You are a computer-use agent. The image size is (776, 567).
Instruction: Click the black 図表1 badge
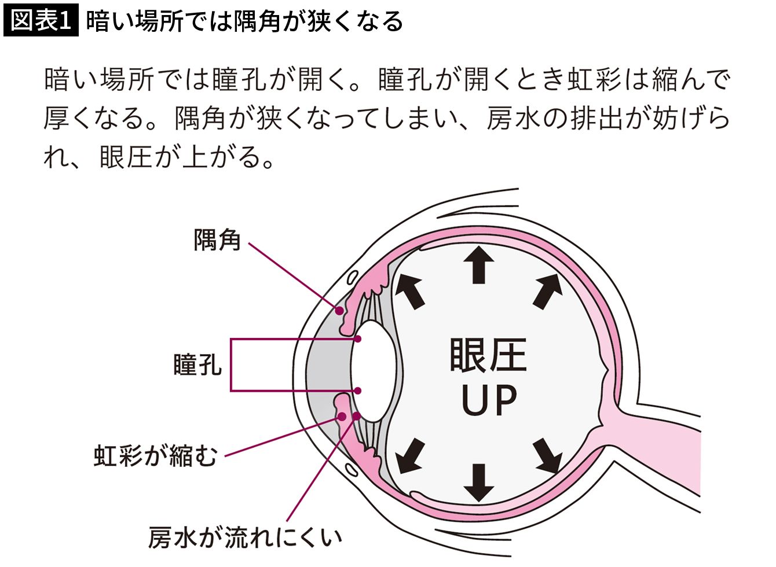[41, 21]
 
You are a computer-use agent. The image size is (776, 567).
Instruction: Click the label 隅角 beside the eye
[217, 239]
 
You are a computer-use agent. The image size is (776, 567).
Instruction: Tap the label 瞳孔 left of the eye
[197, 365]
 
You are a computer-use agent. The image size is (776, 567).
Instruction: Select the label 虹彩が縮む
[155, 455]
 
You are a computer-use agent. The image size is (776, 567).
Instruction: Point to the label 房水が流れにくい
[245, 537]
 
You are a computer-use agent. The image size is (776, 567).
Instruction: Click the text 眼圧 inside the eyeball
[488, 355]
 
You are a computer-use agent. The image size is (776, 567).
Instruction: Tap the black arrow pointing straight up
[478, 264]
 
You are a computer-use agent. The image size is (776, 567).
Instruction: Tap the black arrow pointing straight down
[478, 482]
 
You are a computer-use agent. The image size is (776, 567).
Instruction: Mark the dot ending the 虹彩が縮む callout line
[342, 417]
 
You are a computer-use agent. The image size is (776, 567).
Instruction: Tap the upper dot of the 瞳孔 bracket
[359, 339]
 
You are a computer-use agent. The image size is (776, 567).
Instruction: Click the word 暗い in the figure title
[107, 21]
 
